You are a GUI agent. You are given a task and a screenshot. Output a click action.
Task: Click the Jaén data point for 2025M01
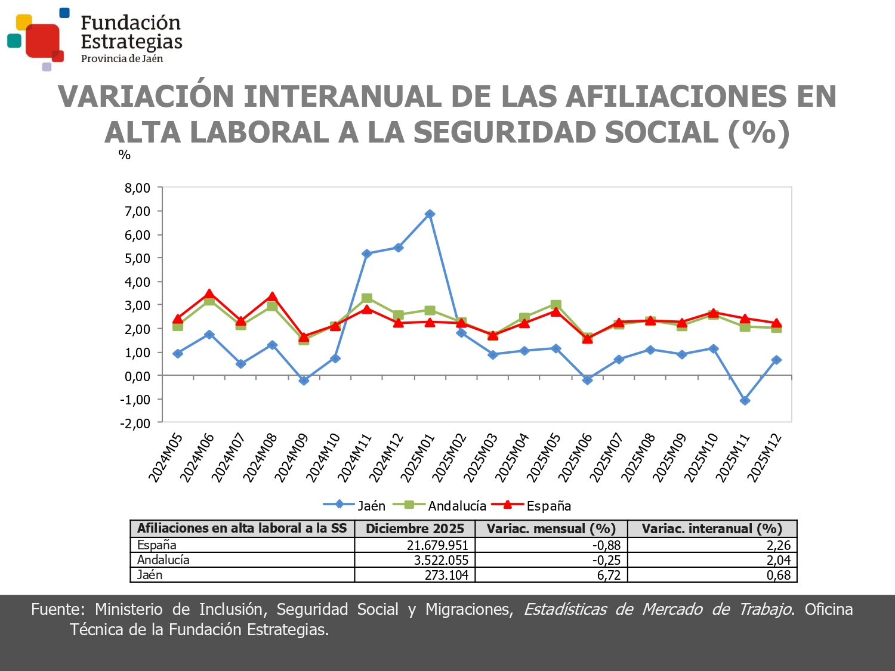[430, 214]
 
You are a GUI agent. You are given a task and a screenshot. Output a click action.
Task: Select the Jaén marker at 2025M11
[745, 401]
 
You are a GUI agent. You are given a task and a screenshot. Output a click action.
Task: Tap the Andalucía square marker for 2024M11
[367, 298]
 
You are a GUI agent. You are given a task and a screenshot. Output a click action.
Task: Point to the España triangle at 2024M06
[209, 294]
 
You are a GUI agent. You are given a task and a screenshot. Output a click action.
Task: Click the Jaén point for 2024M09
[304, 381]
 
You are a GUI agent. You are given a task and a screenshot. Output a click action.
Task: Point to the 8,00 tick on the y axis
[137, 188]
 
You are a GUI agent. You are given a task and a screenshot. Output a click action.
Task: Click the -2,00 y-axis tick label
[135, 423]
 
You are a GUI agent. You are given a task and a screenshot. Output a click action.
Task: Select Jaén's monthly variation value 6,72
[609, 575]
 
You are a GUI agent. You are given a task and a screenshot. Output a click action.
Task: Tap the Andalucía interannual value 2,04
[778, 560]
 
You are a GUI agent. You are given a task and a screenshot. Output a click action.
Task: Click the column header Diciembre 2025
[415, 528]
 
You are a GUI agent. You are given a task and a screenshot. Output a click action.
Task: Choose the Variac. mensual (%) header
[551, 528]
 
